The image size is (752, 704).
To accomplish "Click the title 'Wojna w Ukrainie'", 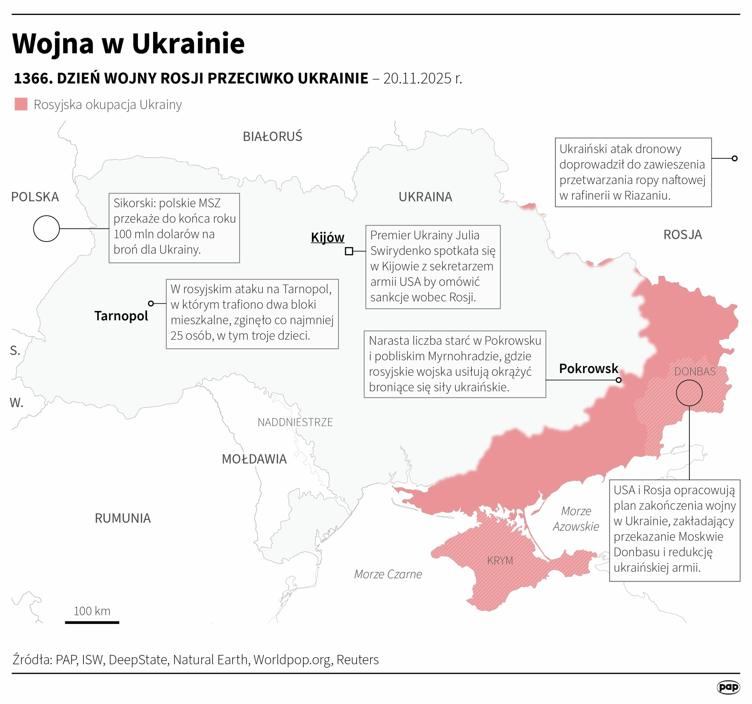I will [x=128, y=43].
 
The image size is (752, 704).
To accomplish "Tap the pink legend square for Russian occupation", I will [x=21, y=104].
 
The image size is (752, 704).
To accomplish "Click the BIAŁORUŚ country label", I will [x=272, y=137].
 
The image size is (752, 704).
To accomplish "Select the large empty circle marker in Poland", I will [x=46, y=229].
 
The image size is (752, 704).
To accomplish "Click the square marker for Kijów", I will [x=349, y=251].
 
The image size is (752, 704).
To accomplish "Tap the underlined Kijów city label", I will [x=327, y=238].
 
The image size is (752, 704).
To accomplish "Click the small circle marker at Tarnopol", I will [x=151, y=303].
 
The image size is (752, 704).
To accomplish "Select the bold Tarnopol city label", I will [x=121, y=316].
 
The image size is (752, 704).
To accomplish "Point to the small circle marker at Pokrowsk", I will [x=618, y=380].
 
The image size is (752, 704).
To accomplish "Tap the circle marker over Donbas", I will [x=689, y=393].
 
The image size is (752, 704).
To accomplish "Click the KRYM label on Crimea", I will [x=500, y=561].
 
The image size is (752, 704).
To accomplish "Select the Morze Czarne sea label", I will [x=388, y=574].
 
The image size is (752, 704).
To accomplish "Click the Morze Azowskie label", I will [x=576, y=519].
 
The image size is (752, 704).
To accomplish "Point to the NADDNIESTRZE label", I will [x=295, y=422].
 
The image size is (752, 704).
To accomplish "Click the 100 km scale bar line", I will [x=92, y=622].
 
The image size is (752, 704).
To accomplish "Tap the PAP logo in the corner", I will [x=728, y=687].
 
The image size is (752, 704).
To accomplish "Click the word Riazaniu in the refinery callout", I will [x=647, y=196].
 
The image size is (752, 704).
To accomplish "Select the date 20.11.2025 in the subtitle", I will [x=417, y=78].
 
